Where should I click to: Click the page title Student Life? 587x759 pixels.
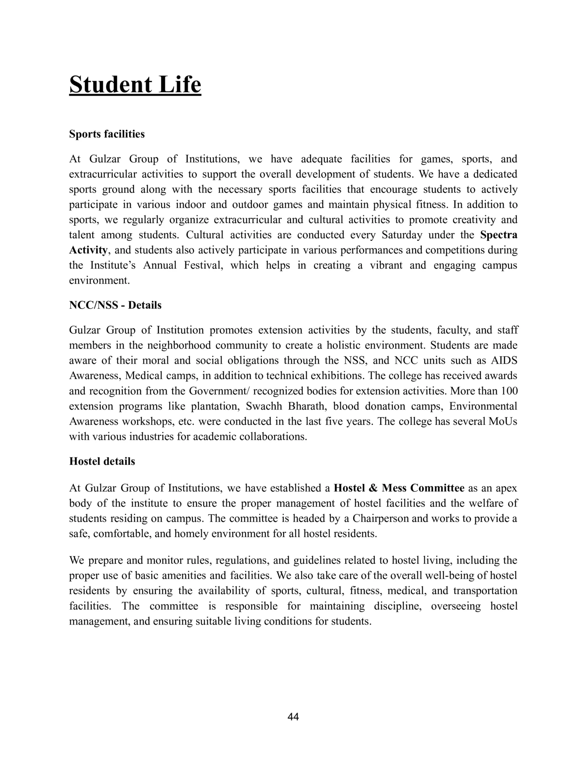tap(135, 85)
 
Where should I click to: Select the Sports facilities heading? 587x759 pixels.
tap(107, 134)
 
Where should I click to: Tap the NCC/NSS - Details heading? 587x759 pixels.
tap(115, 306)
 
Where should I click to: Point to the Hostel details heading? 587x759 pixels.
tap(102, 462)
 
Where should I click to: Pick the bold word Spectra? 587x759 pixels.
tap(499, 235)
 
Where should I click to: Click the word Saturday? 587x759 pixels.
tap(402, 235)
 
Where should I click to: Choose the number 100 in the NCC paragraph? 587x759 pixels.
tap(509, 391)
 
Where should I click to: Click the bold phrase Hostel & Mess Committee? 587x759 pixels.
tap(399, 488)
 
